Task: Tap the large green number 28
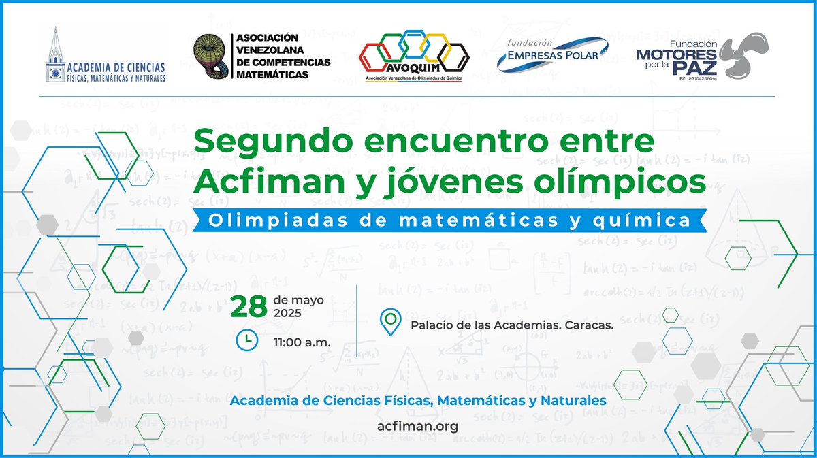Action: (249, 308)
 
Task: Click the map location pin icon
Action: (391, 322)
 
